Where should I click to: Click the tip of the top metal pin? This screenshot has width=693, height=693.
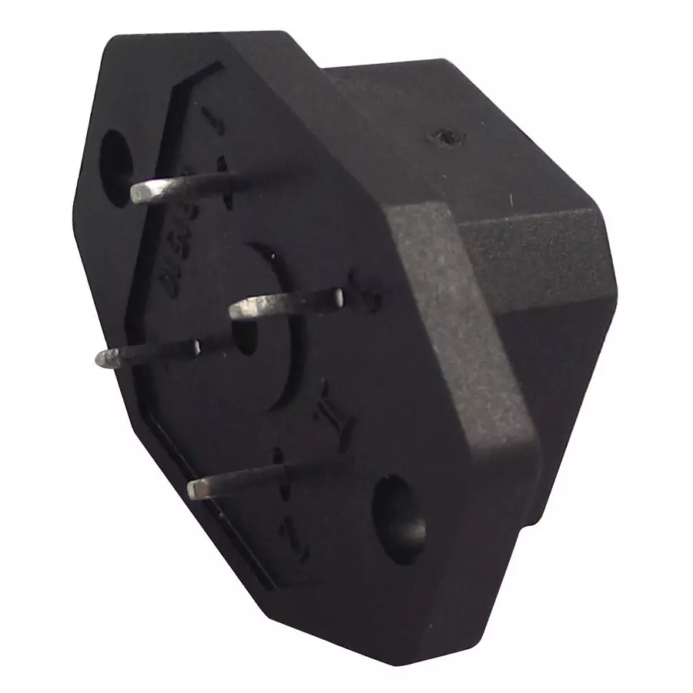pyautogui.click(x=139, y=193)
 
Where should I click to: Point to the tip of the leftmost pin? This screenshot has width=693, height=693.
pyautogui.click(x=105, y=358)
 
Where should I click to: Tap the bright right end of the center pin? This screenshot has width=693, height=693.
pyautogui.click(x=337, y=294)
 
